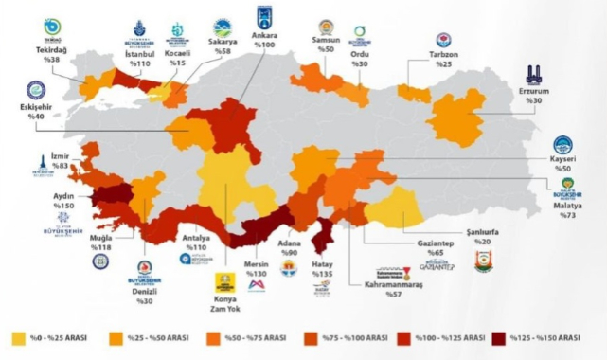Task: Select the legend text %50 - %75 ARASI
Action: [x=255, y=338]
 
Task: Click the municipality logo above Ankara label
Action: [x=263, y=16]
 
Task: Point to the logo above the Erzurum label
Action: [x=535, y=74]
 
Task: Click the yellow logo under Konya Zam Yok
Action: [x=225, y=283]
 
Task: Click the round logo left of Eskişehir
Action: [x=37, y=90]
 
